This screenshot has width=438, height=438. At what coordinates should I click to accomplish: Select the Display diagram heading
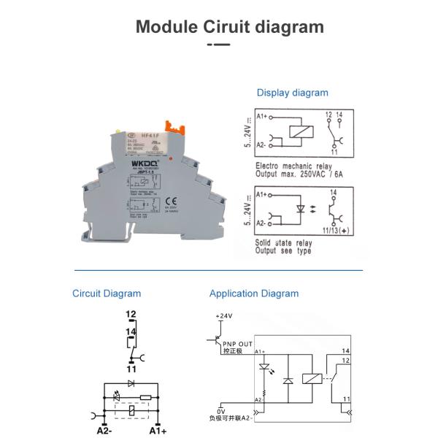(292, 93)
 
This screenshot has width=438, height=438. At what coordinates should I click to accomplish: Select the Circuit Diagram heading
(107, 293)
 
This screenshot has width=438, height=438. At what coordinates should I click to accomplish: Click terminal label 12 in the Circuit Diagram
(131, 315)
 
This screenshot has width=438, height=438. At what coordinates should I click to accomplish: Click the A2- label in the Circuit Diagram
(105, 431)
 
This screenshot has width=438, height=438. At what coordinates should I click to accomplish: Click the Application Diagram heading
(254, 293)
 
